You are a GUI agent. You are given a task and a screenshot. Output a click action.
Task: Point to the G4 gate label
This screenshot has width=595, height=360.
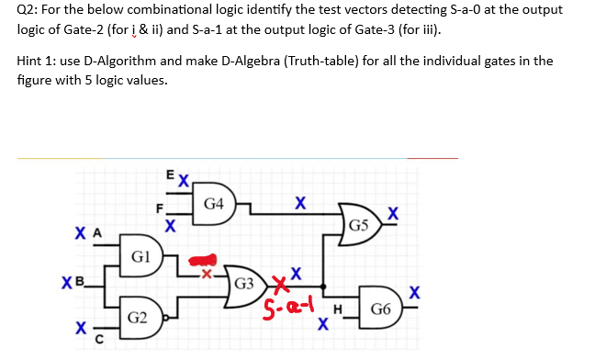click(x=213, y=203)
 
